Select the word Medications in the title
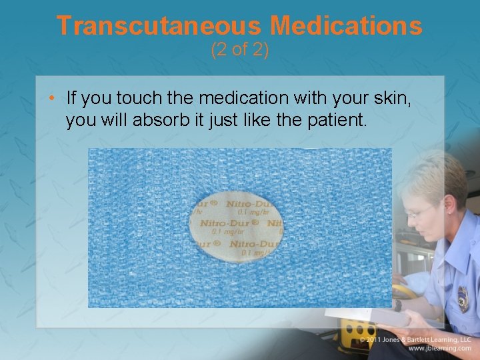346,25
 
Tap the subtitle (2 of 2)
239,49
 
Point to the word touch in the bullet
135,99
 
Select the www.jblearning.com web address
441,349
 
